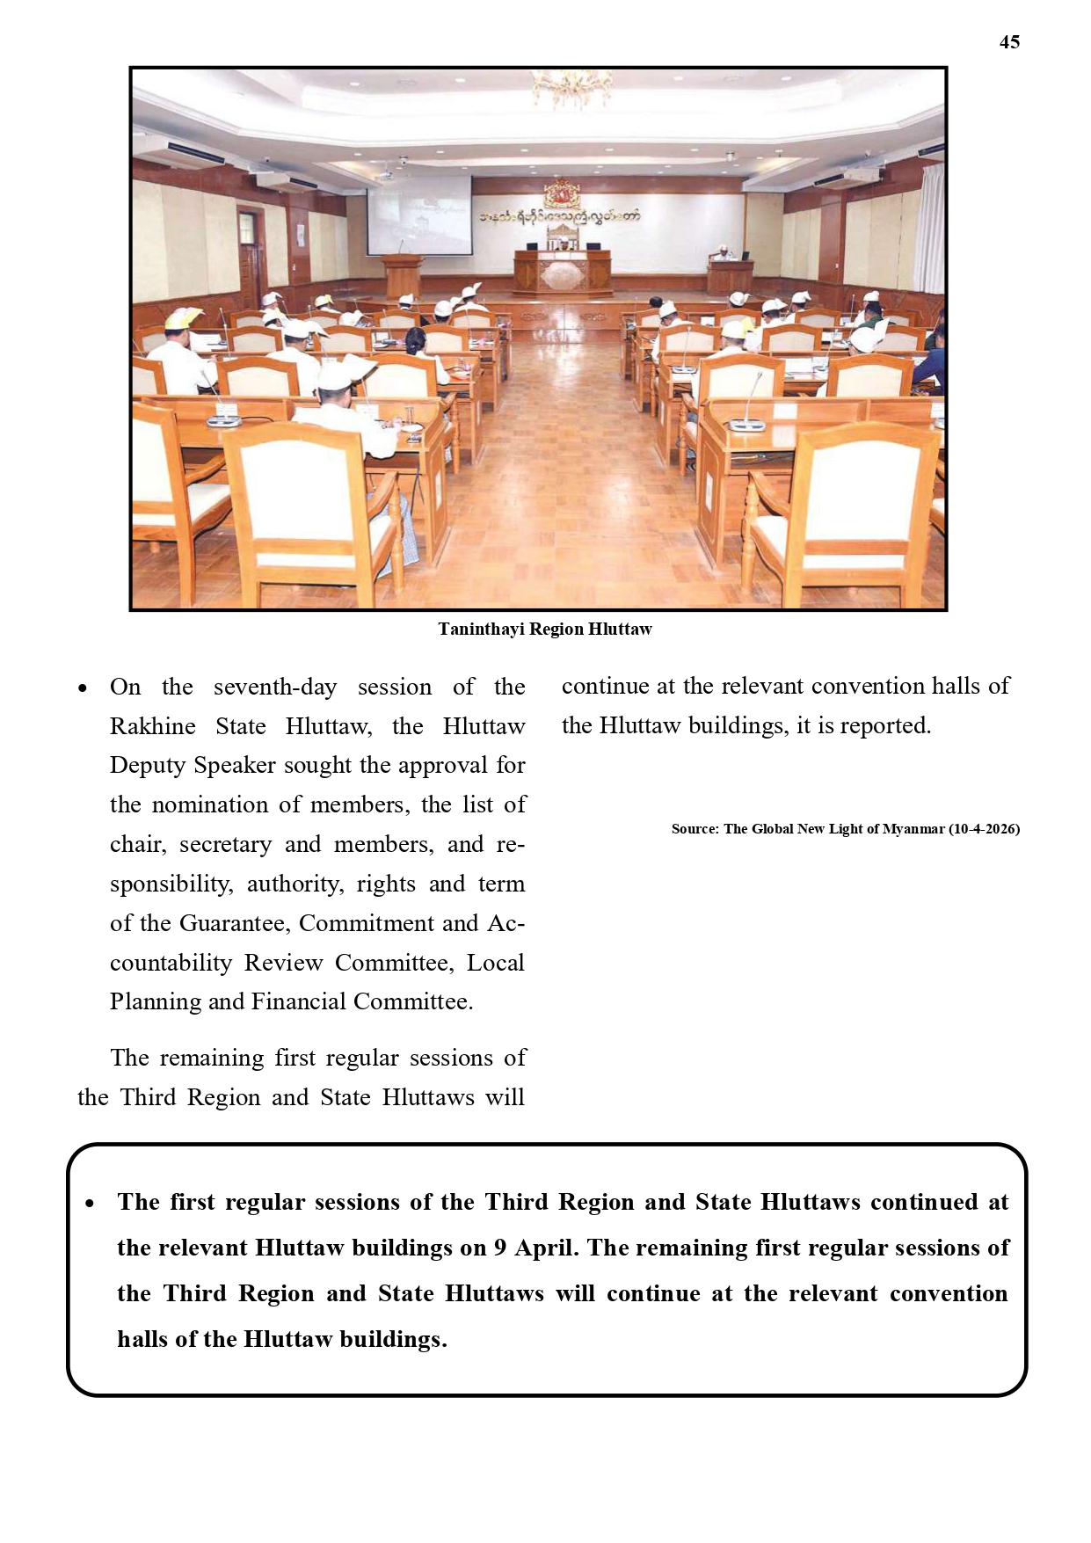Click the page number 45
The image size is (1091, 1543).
(x=1009, y=42)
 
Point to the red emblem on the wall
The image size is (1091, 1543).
(x=559, y=193)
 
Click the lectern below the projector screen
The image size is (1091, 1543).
(x=403, y=276)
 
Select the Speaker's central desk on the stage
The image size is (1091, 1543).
(x=562, y=271)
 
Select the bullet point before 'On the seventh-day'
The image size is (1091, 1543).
(x=83, y=688)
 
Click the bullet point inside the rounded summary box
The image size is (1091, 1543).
(x=90, y=1204)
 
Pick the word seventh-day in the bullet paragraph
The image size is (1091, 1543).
(x=275, y=687)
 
